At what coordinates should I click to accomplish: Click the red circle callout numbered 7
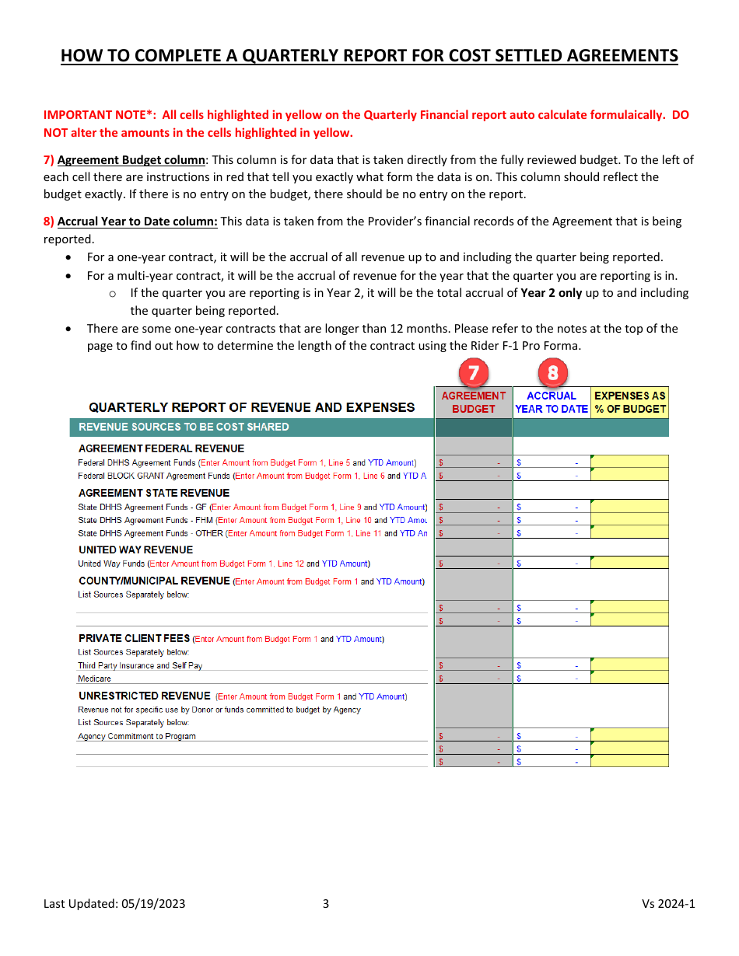(x=473, y=373)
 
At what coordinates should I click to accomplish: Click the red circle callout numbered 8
(x=552, y=373)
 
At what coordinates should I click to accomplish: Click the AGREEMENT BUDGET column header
(x=473, y=403)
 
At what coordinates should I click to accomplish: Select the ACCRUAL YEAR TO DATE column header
(x=552, y=403)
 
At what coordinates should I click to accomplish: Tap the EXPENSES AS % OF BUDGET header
(x=630, y=403)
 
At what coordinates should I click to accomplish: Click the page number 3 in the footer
(x=326, y=903)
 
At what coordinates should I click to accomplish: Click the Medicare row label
(x=94, y=679)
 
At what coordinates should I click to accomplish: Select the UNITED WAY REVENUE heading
(x=135, y=550)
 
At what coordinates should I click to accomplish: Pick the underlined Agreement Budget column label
(x=131, y=160)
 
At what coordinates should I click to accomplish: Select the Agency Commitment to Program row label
(x=137, y=736)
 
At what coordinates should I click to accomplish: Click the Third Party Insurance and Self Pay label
(x=140, y=665)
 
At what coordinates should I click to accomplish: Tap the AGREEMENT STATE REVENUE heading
(x=154, y=493)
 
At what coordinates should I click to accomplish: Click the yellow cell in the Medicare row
(x=629, y=678)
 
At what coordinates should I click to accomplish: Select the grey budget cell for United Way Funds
(x=473, y=563)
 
